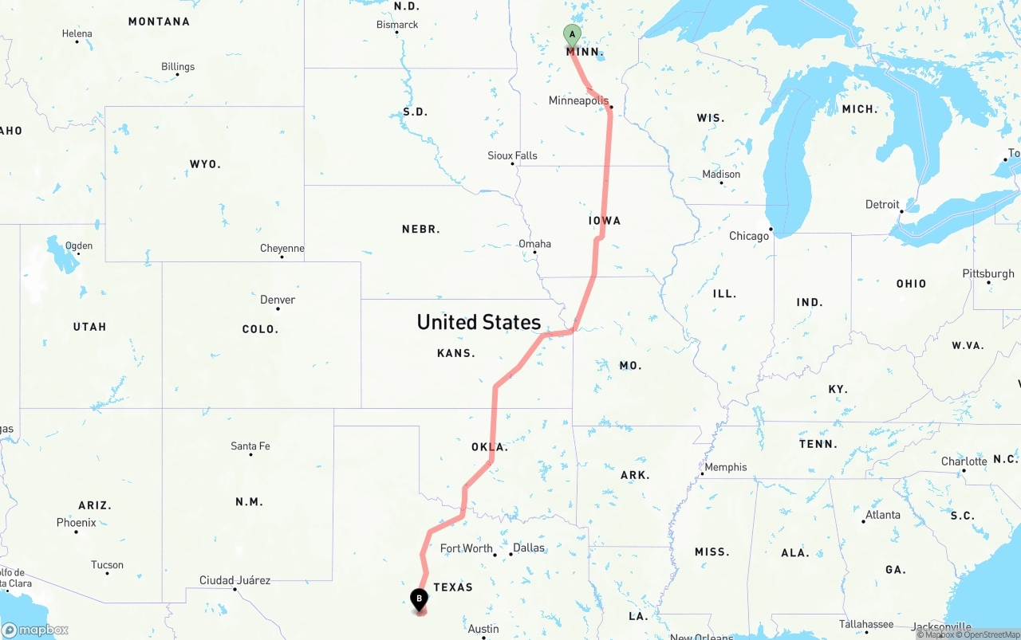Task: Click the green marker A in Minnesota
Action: [x=571, y=35]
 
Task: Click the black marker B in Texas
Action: [x=419, y=599]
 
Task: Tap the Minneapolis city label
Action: [x=578, y=101]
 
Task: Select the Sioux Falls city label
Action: [x=512, y=155]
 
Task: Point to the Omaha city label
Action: [x=534, y=244]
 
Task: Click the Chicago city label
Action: [x=748, y=236]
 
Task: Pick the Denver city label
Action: [x=278, y=300]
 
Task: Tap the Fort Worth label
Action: [x=467, y=548]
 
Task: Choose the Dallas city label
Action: [x=529, y=548]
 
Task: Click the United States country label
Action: [x=479, y=322]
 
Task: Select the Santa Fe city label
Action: [x=250, y=446]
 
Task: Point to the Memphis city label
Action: [x=726, y=467]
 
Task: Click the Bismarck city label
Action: [x=397, y=25]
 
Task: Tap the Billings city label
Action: [x=178, y=66]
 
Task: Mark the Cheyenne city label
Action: [x=282, y=248]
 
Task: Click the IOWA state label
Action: [x=605, y=221]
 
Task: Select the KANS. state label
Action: [x=456, y=353]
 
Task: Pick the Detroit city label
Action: [x=882, y=205]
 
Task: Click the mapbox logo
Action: [x=35, y=630]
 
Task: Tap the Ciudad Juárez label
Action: [x=235, y=580]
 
